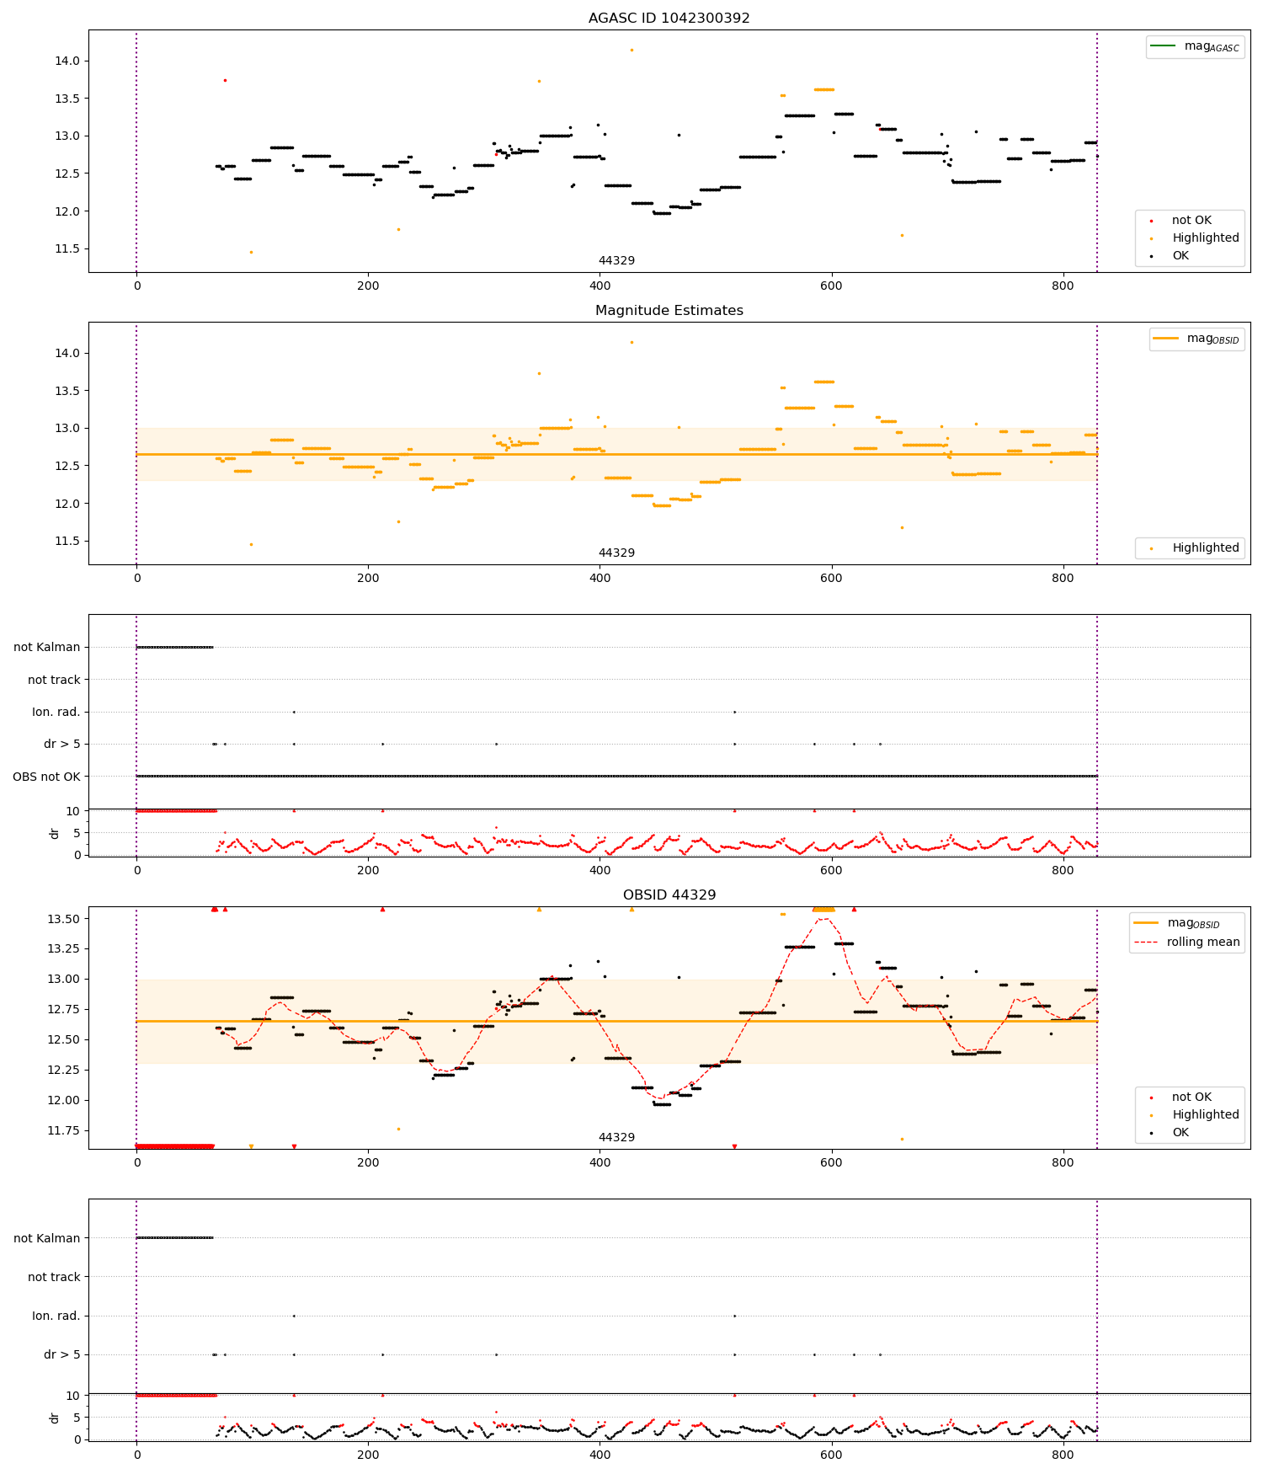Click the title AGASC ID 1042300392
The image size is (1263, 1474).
[x=669, y=18]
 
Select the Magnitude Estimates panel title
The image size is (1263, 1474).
[x=669, y=310]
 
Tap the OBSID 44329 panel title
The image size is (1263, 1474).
[x=669, y=895]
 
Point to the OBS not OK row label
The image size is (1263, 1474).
[x=46, y=777]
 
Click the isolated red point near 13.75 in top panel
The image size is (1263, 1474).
[x=225, y=80]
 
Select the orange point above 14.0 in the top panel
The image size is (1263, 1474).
[x=631, y=50]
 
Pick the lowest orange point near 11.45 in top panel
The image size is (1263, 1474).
[x=251, y=252]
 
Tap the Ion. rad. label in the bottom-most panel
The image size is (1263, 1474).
[x=56, y=1316]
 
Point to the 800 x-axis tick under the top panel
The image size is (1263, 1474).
[x=1063, y=286]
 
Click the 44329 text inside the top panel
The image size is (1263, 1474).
[x=616, y=260]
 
